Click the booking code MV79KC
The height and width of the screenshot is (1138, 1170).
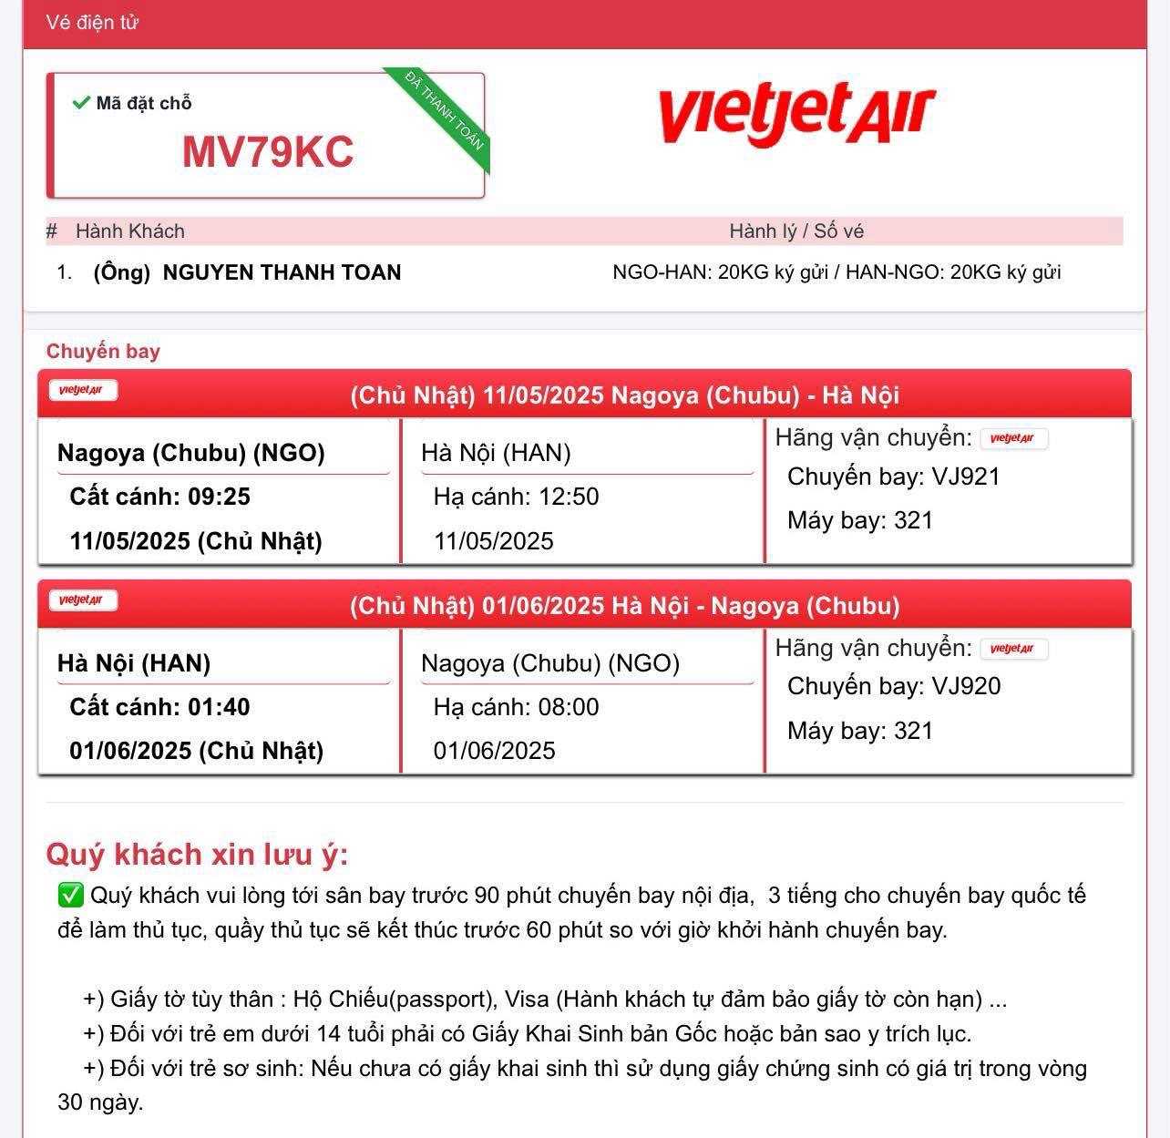[x=268, y=151]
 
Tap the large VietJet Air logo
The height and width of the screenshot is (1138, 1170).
[x=795, y=114]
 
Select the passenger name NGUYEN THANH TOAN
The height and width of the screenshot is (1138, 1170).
[x=282, y=272]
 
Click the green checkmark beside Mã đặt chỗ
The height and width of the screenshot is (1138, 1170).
[x=80, y=102]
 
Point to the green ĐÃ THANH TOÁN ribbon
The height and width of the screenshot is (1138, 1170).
[x=445, y=121]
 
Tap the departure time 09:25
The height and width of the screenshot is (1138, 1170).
[x=219, y=497]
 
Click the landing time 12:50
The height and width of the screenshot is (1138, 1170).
[x=568, y=497]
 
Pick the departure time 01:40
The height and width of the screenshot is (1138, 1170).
[x=219, y=707]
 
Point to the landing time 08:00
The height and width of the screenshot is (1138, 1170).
[x=568, y=707]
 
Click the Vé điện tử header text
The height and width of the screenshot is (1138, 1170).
[x=92, y=23]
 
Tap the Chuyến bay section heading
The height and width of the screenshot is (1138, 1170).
[x=103, y=352]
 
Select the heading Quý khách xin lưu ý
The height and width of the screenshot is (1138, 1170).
[x=197, y=855]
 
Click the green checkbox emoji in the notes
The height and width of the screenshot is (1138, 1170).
[x=70, y=896]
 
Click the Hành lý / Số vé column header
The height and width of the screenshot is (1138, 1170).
[x=796, y=231]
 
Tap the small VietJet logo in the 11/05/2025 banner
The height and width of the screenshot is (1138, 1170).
[x=83, y=391]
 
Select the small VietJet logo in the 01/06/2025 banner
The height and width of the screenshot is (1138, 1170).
[x=83, y=600]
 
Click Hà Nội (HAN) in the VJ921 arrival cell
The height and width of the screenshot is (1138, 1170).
[x=496, y=453]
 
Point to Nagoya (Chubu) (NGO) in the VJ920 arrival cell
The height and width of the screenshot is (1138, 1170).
[x=550, y=663]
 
